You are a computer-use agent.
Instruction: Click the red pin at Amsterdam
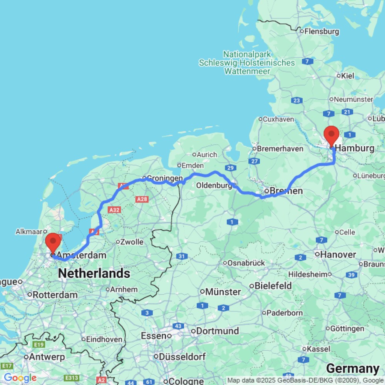[53, 243]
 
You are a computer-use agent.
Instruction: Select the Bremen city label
[286, 191]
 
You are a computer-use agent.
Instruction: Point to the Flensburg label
[321, 31]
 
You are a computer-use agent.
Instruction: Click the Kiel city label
[347, 76]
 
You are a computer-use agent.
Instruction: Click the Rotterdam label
[55, 295]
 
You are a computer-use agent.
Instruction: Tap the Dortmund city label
[218, 331]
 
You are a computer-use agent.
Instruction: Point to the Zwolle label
[132, 242]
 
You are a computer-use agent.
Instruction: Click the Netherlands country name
[94, 274]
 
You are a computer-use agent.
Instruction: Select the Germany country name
[352, 368]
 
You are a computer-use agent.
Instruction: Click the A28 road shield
[142, 199]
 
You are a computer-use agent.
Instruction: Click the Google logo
[20, 378]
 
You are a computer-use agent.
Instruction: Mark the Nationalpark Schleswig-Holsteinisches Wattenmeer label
[248, 63]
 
